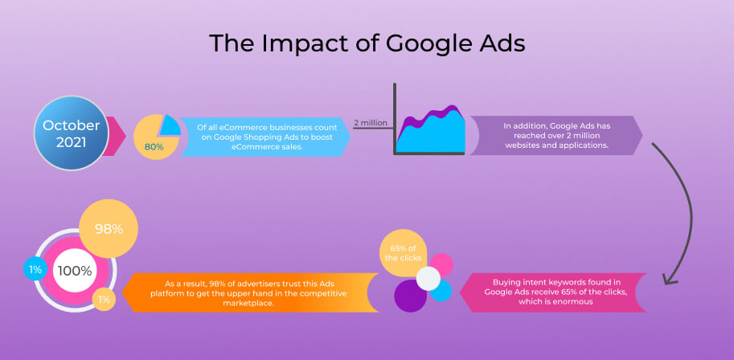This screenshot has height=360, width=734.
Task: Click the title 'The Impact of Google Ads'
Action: (367, 43)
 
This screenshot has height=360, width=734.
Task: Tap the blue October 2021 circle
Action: (72, 133)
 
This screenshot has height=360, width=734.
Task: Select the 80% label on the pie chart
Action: (154, 146)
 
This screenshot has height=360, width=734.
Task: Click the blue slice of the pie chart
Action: (170, 125)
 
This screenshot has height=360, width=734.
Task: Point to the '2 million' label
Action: (371, 123)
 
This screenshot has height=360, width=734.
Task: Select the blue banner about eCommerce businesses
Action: (265, 137)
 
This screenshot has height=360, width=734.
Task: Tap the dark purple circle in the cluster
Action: (411, 296)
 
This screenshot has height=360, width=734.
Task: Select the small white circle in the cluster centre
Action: (429, 279)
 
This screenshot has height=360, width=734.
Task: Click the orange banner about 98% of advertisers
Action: (250, 292)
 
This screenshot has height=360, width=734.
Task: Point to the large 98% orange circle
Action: (109, 228)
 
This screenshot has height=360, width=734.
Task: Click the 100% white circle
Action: (75, 271)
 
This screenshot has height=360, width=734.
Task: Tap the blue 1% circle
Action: (35, 269)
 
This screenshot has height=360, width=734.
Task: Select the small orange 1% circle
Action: (104, 300)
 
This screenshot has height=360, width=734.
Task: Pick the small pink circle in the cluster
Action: (441, 264)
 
